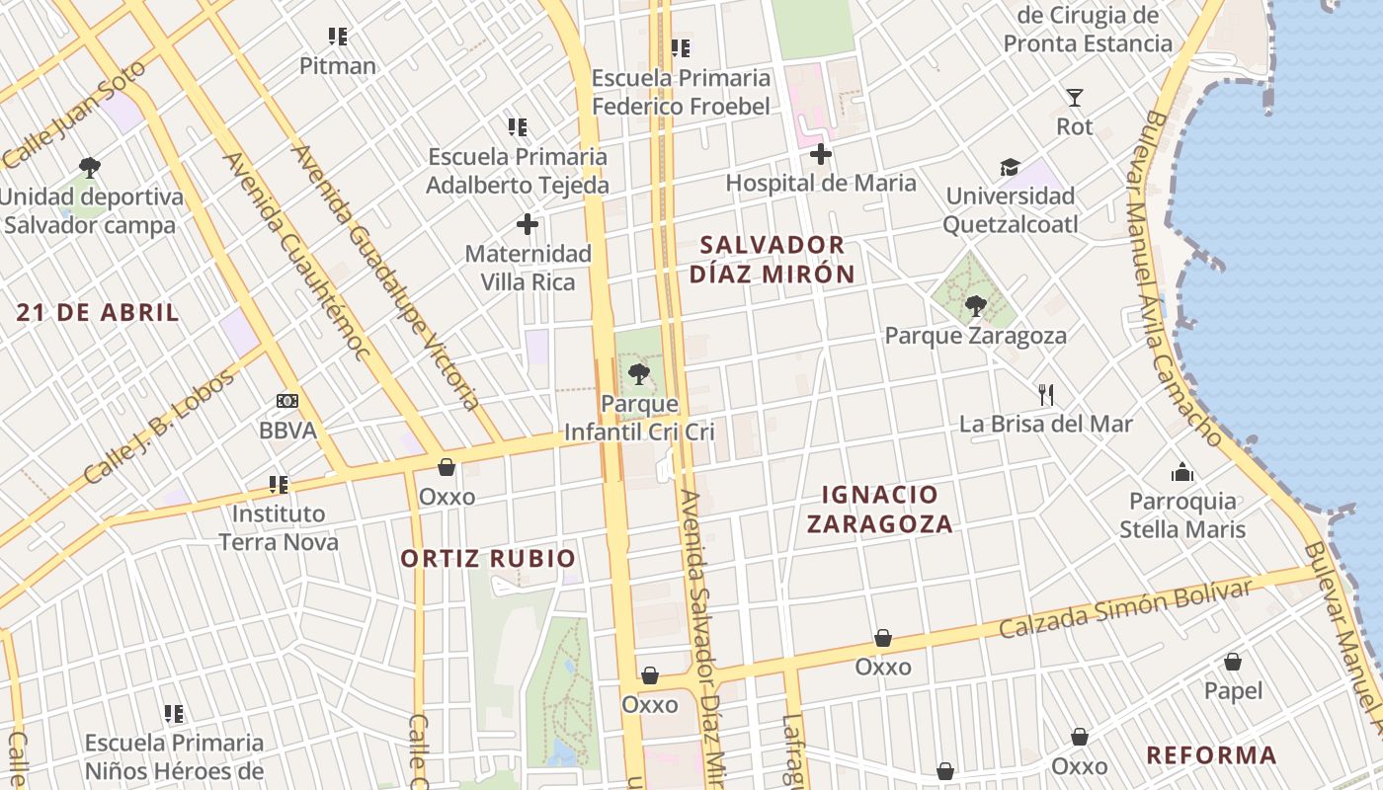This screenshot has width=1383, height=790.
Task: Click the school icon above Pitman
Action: [x=338, y=38]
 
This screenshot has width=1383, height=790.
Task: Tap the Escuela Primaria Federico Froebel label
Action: [x=681, y=92]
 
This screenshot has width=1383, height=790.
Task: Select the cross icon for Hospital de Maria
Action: [x=821, y=154]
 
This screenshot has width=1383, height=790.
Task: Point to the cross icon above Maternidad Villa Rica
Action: [x=528, y=224]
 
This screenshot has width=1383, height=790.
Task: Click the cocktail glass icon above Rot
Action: [x=1075, y=98]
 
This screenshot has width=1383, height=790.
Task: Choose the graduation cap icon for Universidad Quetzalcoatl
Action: [x=1010, y=167]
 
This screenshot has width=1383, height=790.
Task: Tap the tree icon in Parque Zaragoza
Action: [x=976, y=306]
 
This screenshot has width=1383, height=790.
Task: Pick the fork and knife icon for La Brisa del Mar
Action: [x=1047, y=395]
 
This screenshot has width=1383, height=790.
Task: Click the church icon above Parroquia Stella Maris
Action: [x=1182, y=472]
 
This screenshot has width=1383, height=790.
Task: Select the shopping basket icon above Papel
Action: [x=1233, y=662]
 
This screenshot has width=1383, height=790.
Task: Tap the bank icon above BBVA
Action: [x=287, y=401]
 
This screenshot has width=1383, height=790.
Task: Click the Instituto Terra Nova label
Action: [x=279, y=527]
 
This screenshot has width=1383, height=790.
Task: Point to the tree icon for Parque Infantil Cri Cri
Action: [x=639, y=374]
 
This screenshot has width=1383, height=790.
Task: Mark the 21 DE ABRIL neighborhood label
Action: [x=99, y=313]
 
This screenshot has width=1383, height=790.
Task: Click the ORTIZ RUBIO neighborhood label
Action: [x=488, y=559]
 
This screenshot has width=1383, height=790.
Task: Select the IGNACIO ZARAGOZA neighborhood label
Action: [x=880, y=509]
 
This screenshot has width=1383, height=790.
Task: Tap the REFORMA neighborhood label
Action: [x=1211, y=755]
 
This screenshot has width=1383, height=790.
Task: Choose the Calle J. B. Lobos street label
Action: [x=160, y=427]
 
